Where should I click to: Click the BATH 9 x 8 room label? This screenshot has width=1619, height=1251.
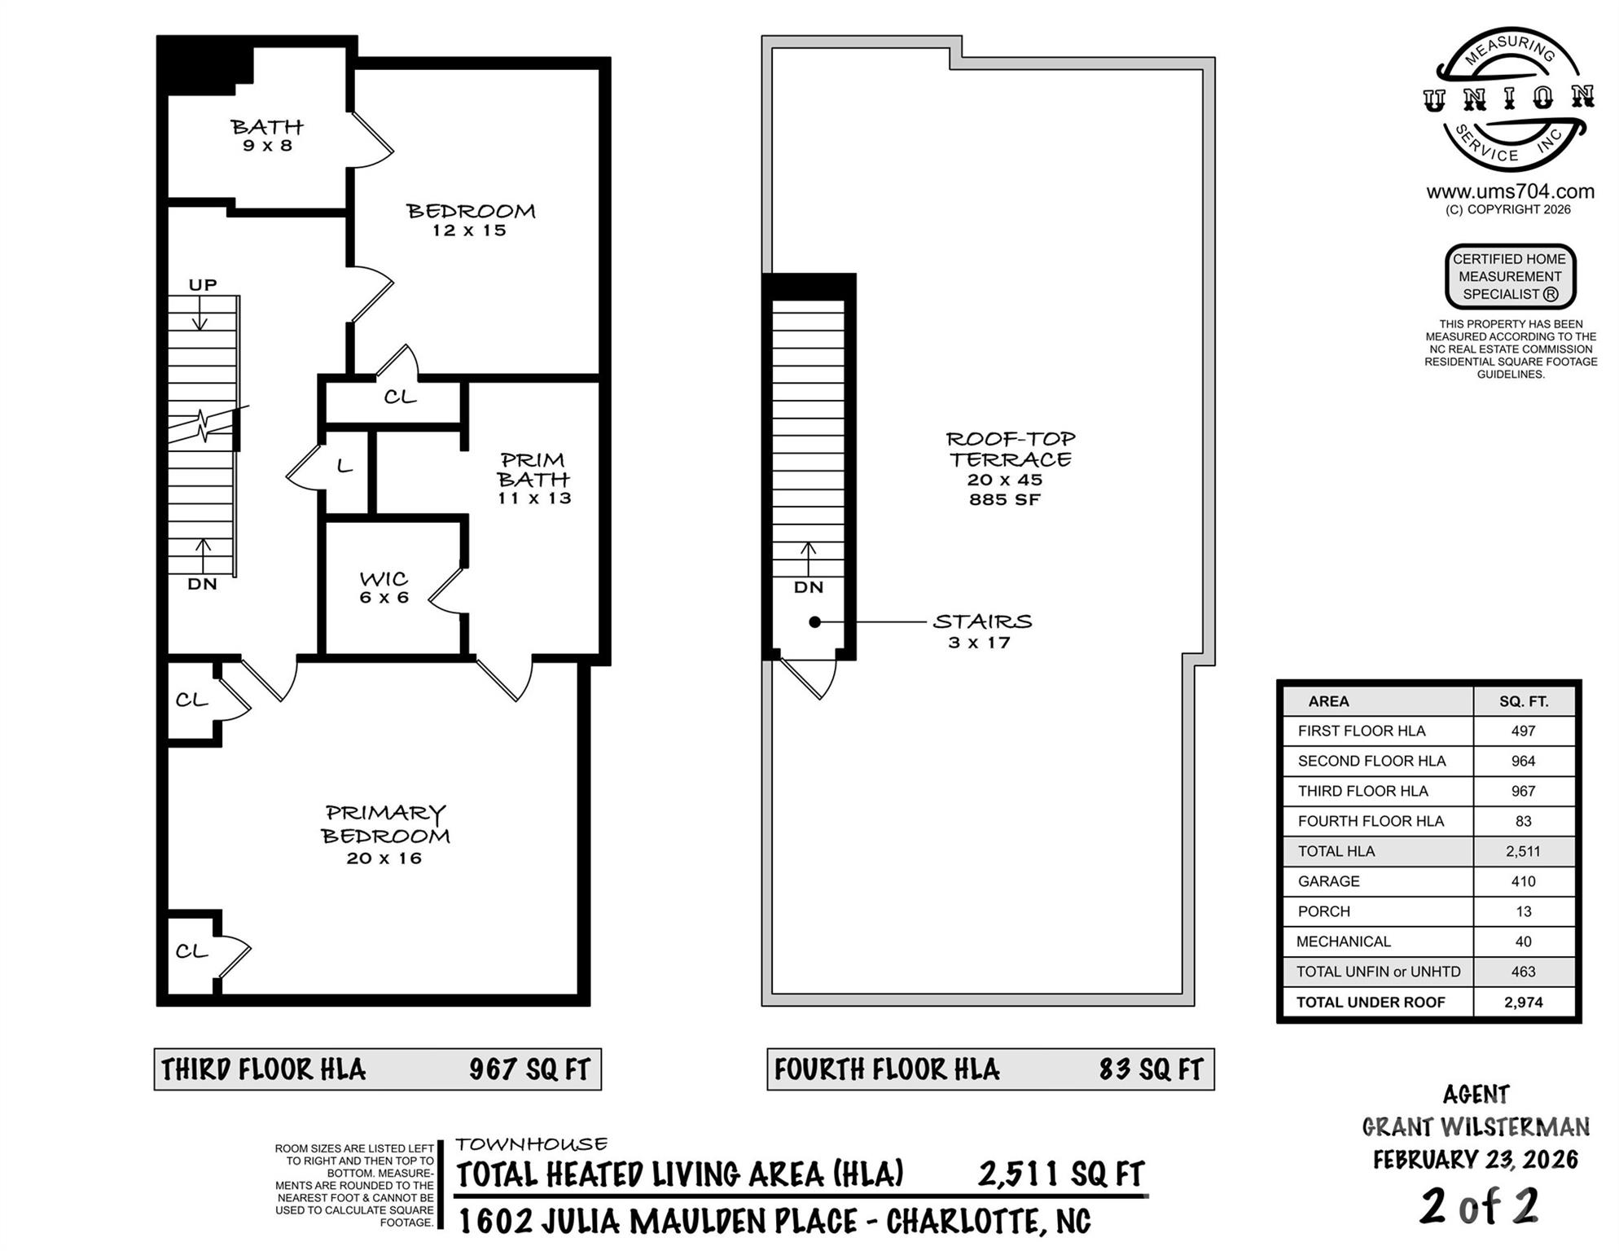tap(267, 135)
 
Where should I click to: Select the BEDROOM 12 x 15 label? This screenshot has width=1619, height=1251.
tap(471, 220)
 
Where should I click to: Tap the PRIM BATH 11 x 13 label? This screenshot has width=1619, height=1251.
tap(533, 479)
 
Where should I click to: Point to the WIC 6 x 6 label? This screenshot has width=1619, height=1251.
tap(384, 587)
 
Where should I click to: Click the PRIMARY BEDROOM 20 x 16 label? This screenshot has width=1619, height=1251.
tap(385, 834)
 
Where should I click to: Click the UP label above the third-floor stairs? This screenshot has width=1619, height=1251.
tap(203, 285)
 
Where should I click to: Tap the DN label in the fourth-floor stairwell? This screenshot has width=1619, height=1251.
tap(809, 587)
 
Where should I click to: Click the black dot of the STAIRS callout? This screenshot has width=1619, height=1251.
tap(814, 622)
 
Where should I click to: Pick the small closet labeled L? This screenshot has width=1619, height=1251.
tap(345, 467)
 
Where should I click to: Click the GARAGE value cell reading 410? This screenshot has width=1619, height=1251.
tap(1523, 881)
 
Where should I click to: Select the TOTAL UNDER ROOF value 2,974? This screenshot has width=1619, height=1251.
tap(1523, 1003)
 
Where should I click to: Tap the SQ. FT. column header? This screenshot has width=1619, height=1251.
tap(1524, 701)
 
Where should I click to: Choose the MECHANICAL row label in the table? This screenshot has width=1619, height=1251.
tap(1343, 942)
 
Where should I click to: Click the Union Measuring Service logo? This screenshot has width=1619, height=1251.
tap(1509, 99)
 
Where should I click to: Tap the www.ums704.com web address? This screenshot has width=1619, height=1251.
tap(1510, 191)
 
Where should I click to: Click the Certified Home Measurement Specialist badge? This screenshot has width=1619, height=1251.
tap(1510, 277)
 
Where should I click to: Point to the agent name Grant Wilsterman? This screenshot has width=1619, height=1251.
tap(1476, 1127)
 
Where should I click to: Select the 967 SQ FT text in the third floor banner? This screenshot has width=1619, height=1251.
tap(529, 1069)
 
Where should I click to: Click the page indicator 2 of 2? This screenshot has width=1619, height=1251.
tap(1479, 1206)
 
